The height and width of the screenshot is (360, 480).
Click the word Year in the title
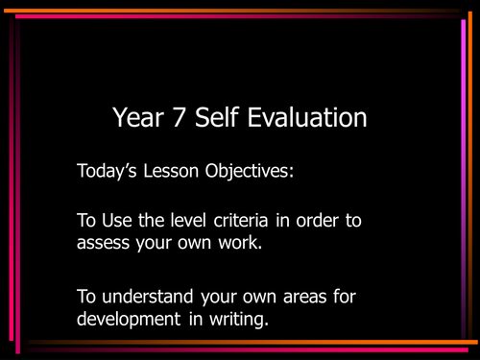coord(138,119)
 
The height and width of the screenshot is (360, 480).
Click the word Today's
coord(108,174)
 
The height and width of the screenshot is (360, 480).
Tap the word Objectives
coord(255,175)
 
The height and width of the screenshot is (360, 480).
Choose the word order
coord(322,220)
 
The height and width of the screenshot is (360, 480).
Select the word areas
coord(289,296)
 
